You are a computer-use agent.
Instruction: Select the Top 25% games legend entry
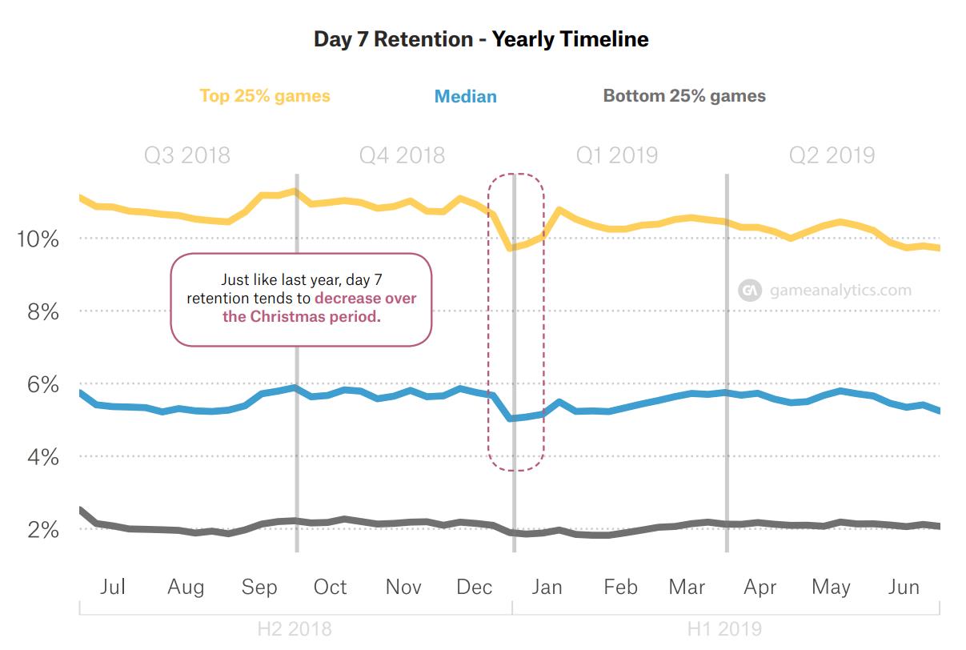(264, 96)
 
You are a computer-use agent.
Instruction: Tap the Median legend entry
(465, 97)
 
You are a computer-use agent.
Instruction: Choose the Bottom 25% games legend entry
(684, 96)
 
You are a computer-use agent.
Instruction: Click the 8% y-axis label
(43, 311)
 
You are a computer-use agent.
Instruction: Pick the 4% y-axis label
(43, 457)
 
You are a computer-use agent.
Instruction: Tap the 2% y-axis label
(43, 530)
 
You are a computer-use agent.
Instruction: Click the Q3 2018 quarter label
(187, 155)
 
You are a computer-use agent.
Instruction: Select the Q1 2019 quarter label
(617, 155)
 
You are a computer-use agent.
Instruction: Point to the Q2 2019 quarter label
(832, 155)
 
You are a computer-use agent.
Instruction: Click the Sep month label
(259, 588)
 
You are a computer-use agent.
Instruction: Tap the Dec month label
(475, 588)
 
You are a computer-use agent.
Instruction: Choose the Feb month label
(621, 588)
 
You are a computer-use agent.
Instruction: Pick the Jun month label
(904, 588)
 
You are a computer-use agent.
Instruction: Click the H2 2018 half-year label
(295, 628)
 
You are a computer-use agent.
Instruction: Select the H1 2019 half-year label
(724, 628)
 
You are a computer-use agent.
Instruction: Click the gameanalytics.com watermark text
(840, 291)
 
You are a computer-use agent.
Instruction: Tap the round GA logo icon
(750, 291)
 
